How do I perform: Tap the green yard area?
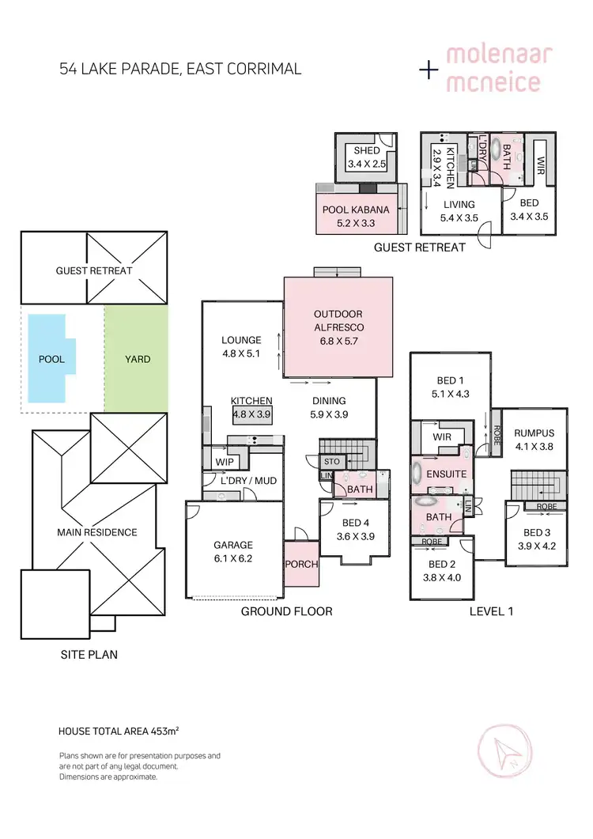point(136,358)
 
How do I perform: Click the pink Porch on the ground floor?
point(301,565)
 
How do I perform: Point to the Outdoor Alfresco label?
point(338,319)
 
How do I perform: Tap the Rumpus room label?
point(535,433)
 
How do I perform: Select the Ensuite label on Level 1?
point(447,474)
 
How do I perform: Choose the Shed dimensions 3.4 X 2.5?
point(367,164)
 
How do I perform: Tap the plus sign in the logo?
point(429,70)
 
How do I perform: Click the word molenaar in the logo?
point(498,55)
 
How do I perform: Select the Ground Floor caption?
point(286,611)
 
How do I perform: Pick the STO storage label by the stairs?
point(330,460)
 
